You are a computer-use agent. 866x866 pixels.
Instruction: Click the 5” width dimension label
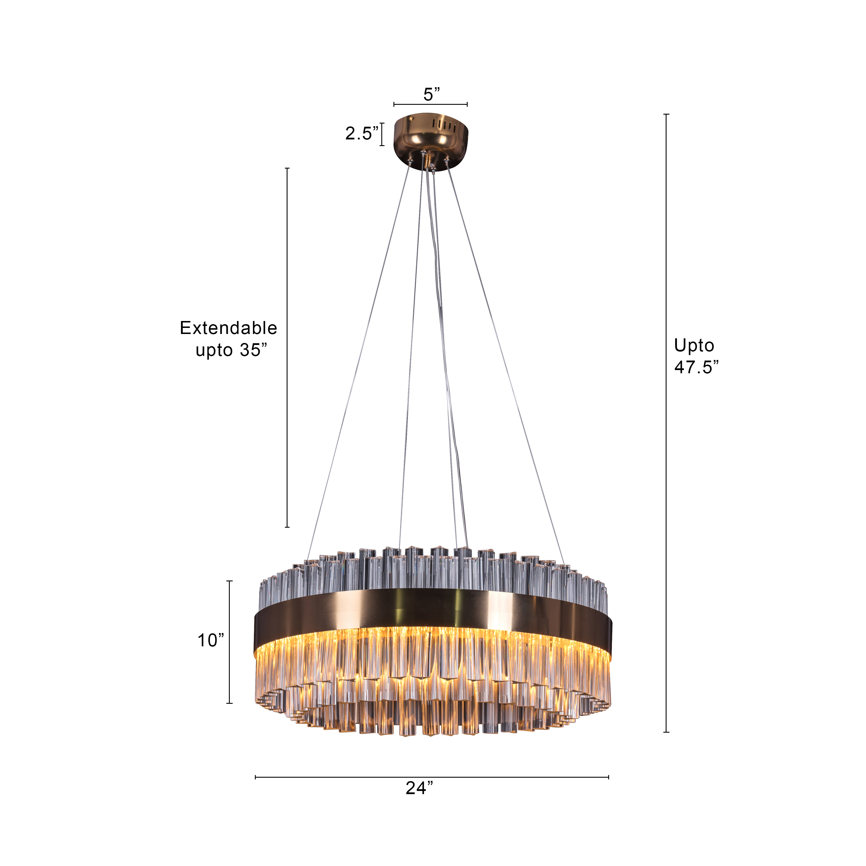[x=431, y=94]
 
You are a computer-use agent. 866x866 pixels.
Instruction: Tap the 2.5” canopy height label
[x=361, y=133]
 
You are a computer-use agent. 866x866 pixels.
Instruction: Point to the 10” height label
[x=211, y=641]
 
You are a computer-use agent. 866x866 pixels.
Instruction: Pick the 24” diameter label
[x=419, y=788]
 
